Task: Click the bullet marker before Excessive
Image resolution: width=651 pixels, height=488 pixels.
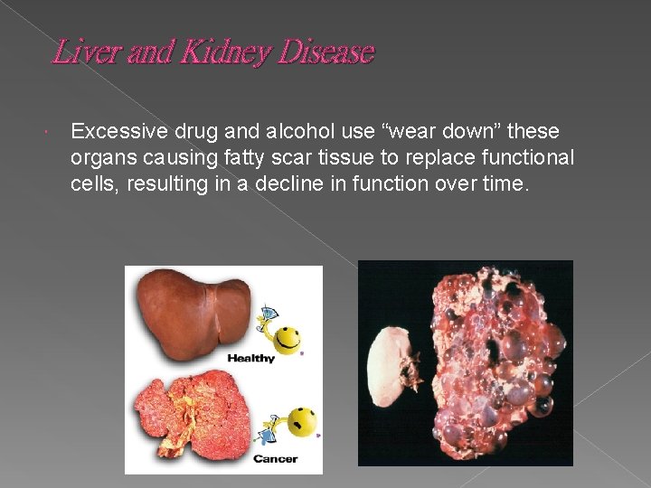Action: pos(55,133)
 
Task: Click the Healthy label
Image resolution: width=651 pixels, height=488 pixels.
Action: pos(251,359)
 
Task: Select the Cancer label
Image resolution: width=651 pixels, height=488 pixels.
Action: pos(275,459)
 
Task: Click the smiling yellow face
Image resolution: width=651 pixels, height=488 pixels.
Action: pos(288,339)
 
